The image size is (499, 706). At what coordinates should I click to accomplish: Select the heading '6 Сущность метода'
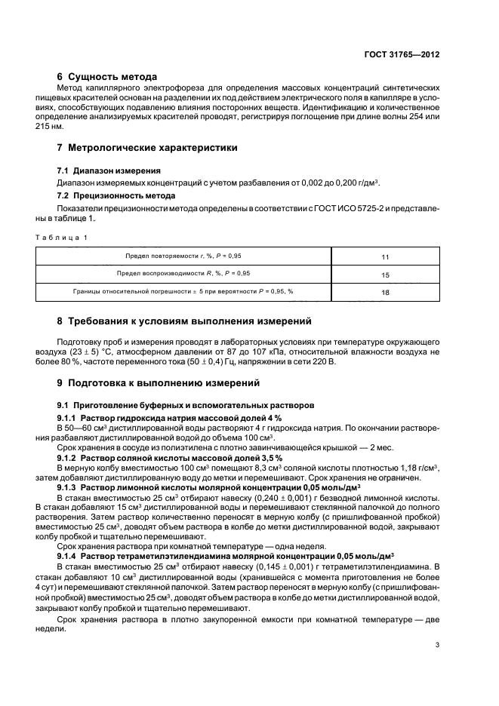107,77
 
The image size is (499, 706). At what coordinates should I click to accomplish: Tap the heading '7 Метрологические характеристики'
148,148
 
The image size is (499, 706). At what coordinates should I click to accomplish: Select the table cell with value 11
386,257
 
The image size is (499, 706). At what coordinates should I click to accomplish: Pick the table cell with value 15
386,275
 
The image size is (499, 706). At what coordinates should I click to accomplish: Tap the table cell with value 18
386,292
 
